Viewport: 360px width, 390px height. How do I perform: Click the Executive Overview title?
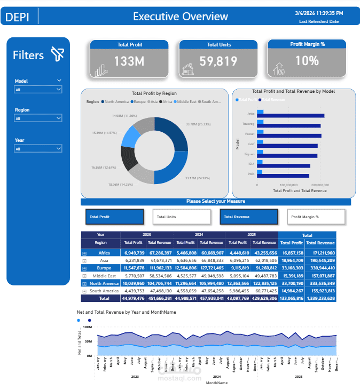click(180, 17)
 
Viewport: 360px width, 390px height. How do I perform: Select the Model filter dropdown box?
click(38, 90)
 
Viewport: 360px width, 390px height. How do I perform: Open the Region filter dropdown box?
click(38, 118)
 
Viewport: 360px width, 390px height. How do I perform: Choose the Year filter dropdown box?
click(38, 149)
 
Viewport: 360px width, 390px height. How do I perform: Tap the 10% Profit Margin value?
click(307, 61)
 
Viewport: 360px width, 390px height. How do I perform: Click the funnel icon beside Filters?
click(57, 54)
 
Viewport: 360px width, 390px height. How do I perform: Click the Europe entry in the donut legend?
click(139, 101)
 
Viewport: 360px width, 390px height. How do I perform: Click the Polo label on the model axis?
click(252, 173)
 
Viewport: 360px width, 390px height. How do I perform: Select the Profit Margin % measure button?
click(316, 217)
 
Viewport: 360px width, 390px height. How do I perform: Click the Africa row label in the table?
click(104, 253)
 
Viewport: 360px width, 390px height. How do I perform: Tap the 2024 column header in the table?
click(199, 235)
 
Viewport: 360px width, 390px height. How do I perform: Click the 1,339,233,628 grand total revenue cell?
click(320, 298)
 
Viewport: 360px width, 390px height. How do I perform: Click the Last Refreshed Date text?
click(318, 21)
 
